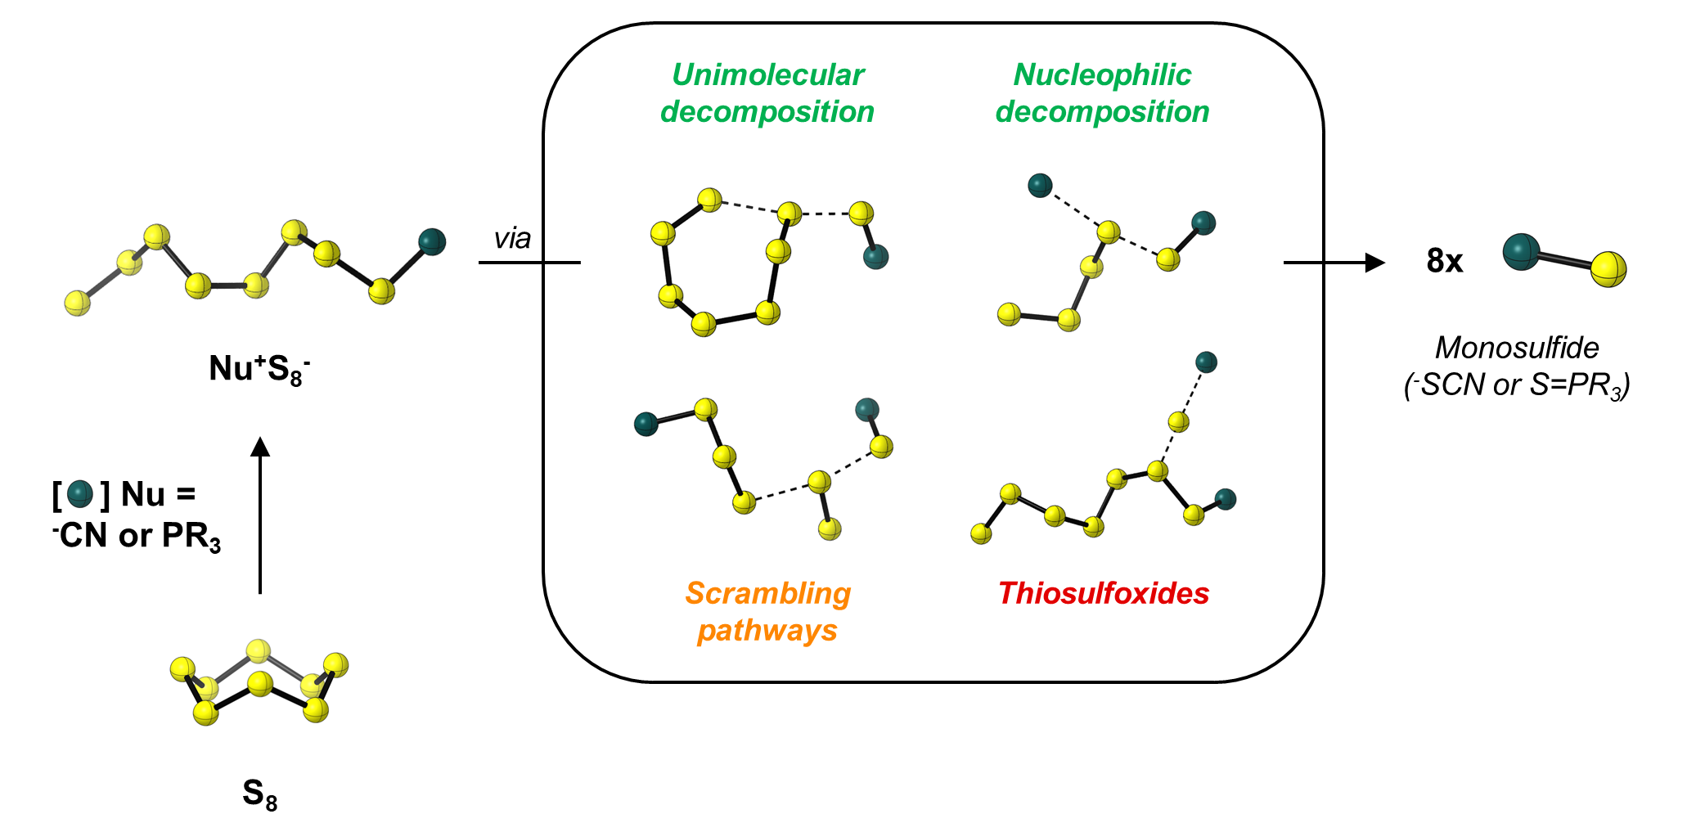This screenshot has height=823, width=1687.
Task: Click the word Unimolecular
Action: pyautogui.click(x=767, y=75)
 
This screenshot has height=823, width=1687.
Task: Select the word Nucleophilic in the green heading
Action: pyautogui.click(x=1102, y=75)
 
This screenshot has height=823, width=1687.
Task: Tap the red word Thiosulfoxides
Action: pyautogui.click(x=1103, y=593)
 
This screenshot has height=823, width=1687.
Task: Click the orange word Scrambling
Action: pyautogui.click(x=767, y=594)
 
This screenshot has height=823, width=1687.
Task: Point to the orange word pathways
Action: pyautogui.click(x=767, y=632)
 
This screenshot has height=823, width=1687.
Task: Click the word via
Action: pyautogui.click(x=512, y=239)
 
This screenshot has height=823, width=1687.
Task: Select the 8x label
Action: pyautogui.click(x=1445, y=261)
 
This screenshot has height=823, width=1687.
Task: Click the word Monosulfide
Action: pyautogui.click(x=1517, y=348)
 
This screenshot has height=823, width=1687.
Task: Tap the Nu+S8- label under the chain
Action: pyautogui.click(x=259, y=369)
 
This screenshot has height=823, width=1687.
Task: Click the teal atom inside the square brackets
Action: pyautogui.click(x=80, y=494)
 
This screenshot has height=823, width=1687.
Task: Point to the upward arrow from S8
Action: pyautogui.click(x=260, y=515)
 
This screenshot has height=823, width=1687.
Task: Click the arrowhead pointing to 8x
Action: pyautogui.click(x=1374, y=263)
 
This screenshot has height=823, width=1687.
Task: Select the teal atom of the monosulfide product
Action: pyautogui.click(x=1521, y=252)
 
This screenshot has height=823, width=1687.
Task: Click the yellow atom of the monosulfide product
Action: pyautogui.click(x=1608, y=269)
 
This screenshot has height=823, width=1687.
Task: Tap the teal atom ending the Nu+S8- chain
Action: pyautogui.click(x=432, y=241)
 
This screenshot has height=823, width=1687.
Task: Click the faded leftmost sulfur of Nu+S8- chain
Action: pyautogui.click(x=78, y=303)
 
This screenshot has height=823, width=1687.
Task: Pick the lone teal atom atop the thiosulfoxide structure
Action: pyautogui.click(x=1206, y=362)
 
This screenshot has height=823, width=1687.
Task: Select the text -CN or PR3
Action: pyautogui.click(x=137, y=537)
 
